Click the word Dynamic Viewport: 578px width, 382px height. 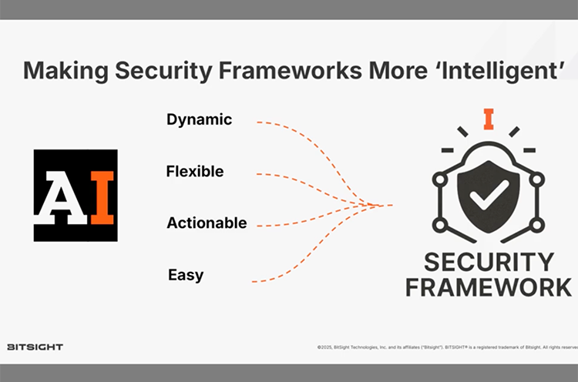click(x=199, y=119)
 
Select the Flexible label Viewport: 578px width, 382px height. click(x=194, y=171)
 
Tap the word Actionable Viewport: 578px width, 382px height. click(x=207, y=223)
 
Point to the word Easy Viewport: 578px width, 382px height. click(x=186, y=274)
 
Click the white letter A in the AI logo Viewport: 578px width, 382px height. click(x=62, y=196)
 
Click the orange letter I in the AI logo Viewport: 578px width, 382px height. click(x=102, y=196)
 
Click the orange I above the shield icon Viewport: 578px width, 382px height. click(x=489, y=119)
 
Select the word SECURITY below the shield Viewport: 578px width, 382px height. click(x=489, y=261)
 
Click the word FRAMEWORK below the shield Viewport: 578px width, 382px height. click(x=489, y=287)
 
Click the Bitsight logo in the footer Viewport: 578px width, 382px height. click(x=35, y=347)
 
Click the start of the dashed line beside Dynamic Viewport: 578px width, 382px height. click(x=257, y=122)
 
